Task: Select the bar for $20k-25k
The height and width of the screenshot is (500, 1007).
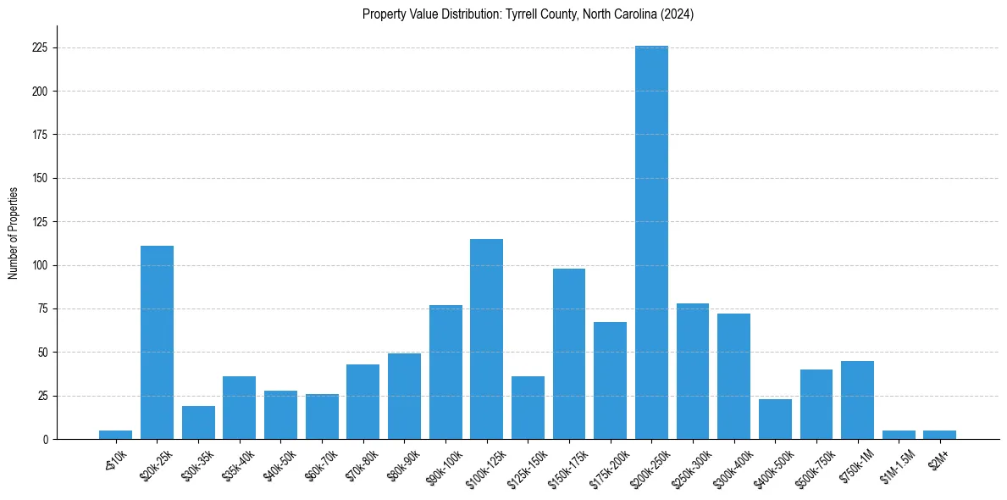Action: pos(157,342)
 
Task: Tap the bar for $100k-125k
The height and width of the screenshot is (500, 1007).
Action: pos(486,339)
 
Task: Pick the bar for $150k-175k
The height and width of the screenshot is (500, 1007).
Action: pos(569,353)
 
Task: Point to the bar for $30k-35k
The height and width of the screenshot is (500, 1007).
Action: pos(198,423)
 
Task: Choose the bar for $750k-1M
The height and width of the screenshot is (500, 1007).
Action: pos(857,400)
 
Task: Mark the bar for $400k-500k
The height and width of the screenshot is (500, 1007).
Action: pos(775,419)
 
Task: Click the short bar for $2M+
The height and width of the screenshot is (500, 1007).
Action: pos(939,435)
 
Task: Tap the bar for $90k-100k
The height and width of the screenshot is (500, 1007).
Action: pos(445,372)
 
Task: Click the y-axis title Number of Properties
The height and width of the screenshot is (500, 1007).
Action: pos(14,233)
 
